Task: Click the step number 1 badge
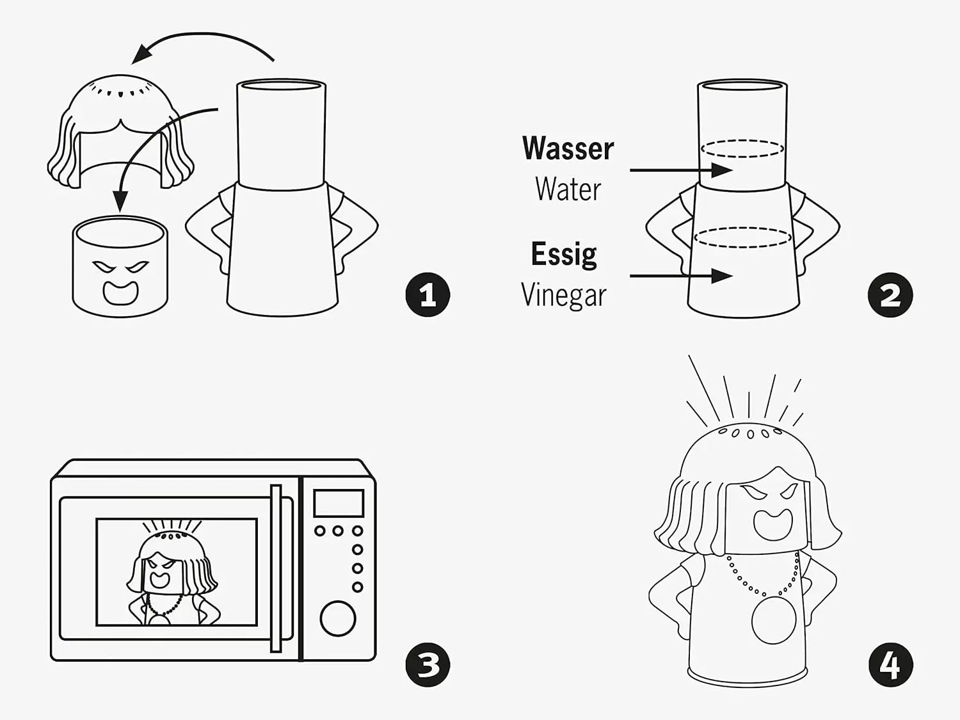point(428,295)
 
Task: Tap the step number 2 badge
point(890,295)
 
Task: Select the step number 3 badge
point(428,665)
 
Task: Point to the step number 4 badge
point(890,665)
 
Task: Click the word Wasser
point(568,148)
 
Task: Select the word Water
point(568,189)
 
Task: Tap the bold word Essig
point(564,254)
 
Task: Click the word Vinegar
point(564,295)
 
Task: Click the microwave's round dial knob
point(337,618)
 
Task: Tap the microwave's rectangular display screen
point(338,503)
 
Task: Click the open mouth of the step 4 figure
point(768,524)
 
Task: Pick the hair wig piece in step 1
point(120,134)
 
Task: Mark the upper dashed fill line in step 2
point(742,149)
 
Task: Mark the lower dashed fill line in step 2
point(742,237)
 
